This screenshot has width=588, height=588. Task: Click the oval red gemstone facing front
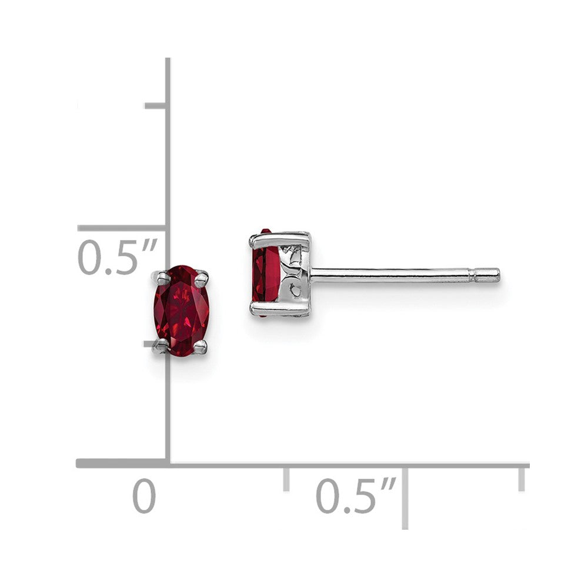tap(182, 310)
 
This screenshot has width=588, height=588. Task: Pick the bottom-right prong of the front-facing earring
tap(201, 347)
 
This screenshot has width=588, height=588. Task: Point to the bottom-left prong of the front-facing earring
tap(160, 347)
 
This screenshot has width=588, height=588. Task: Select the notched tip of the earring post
tap(487, 275)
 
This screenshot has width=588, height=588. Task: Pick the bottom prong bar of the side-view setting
tap(279, 309)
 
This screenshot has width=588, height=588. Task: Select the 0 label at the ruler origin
tap(144, 496)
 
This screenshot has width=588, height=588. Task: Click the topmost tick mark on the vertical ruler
tap(155, 106)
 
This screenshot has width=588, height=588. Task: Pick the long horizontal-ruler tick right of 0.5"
tap(405, 497)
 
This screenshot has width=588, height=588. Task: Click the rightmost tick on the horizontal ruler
tap(522, 478)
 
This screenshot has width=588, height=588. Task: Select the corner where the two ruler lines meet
tap(168, 464)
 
